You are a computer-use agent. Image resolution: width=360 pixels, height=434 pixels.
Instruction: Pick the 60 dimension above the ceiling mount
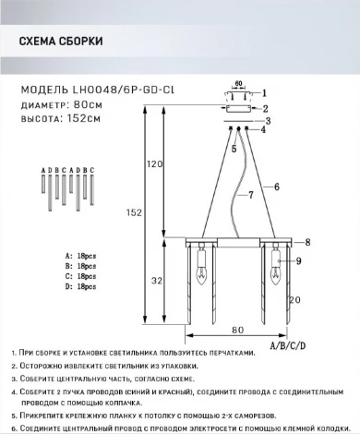tap(238, 82)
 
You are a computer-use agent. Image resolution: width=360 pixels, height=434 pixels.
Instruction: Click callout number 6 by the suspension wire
tap(277, 187)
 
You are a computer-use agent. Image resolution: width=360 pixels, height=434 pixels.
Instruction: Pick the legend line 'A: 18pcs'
tap(80, 253)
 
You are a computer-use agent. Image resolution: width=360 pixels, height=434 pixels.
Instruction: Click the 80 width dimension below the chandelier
tap(237, 329)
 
